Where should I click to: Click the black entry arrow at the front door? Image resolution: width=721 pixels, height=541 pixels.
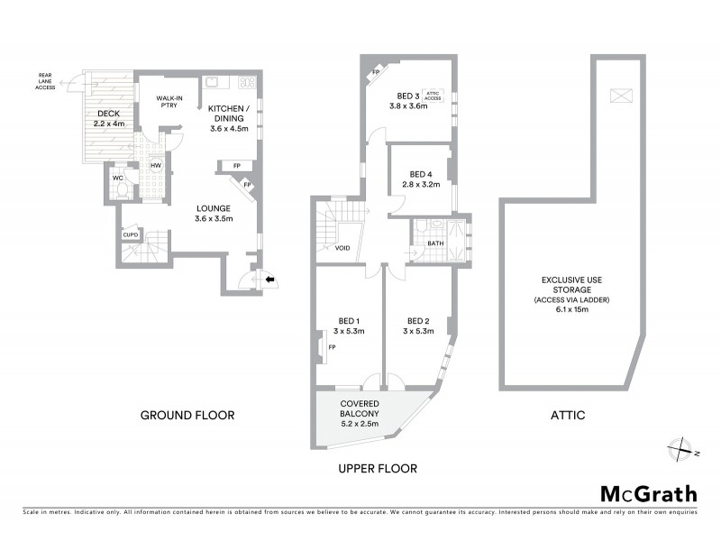pyautogui.click(x=269, y=280)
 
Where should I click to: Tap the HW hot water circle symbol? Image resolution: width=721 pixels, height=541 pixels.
pyautogui.click(x=155, y=166)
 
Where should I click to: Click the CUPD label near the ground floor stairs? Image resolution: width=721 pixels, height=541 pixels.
pyautogui.click(x=131, y=235)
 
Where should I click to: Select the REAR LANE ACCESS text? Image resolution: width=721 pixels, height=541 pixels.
pyautogui.click(x=43, y=82)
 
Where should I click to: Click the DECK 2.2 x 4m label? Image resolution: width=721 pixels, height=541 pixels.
pyautogui.click(x=109, y=117)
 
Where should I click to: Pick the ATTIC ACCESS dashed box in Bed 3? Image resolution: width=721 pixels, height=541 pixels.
pyautogui.click(x=434, y=94)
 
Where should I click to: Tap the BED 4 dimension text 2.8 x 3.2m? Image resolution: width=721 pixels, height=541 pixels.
pyautogui.click(x=421, y=185)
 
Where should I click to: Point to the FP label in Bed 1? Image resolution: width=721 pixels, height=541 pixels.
pyautogui.click(x=332, y=347)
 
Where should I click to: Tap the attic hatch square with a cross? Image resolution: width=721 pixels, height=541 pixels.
pyautogui.click(x=620, y=95)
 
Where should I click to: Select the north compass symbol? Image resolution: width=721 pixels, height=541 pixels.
pyautogui.click(x=682, y=447)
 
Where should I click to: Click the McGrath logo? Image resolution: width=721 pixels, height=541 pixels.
pyautogui.click(x=648, y=493)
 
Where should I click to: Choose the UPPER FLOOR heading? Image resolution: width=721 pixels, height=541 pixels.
pyautogui.click(x=376, y=469)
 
